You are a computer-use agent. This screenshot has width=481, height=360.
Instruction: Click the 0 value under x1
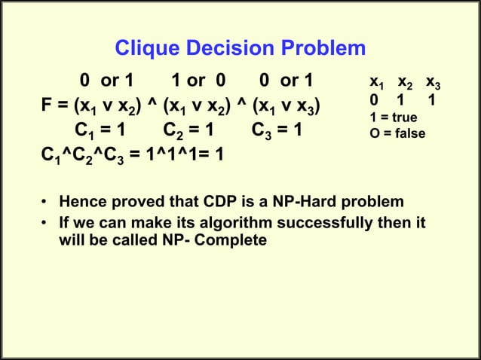coord(374,100)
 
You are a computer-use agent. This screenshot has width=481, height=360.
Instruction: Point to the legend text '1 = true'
coord(394,117)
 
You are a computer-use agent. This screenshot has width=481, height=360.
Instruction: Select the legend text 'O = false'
coord(397,133)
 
